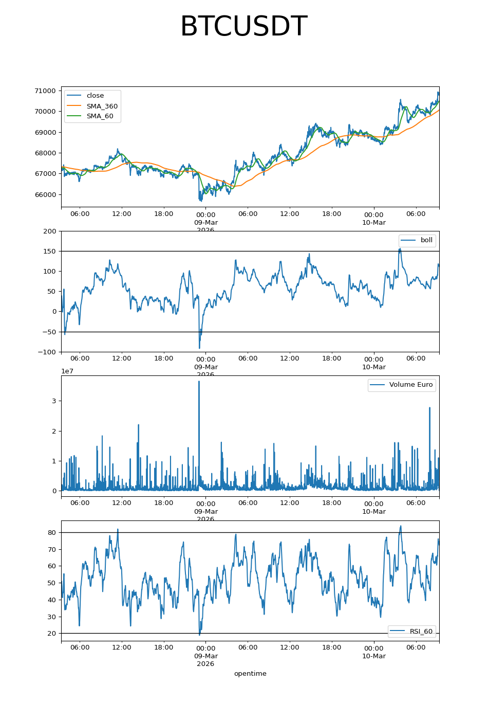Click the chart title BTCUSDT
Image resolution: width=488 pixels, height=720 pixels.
pos(243,27)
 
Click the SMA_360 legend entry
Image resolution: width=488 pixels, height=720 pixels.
pos(102,106)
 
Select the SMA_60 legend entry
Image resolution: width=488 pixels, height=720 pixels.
pos(100,116)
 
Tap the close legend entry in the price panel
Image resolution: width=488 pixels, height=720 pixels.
pos(95,96)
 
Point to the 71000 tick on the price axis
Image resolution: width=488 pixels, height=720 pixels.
pos(45,91)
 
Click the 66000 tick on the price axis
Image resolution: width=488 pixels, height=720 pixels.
pos(45,194)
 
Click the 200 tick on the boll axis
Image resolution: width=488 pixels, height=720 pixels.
pos(50,231)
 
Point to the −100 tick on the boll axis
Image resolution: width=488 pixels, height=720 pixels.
pos(48,352)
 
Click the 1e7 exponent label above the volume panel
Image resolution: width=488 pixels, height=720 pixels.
pos(67,371)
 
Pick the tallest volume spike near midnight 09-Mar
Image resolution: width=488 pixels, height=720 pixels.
pos(199,382)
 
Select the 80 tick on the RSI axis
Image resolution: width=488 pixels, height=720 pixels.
pos(52,533)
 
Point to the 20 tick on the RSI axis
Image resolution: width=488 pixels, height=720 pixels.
pos(52,634)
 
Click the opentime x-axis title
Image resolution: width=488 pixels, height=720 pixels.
pos(250,674)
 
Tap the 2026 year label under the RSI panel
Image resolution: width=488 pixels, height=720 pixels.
pos(205,664)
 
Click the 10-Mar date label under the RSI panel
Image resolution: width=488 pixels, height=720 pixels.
pos(374,656)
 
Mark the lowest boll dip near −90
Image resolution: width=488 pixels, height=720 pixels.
pos(199,348)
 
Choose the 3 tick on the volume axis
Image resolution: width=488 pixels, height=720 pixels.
pos(54,401)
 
